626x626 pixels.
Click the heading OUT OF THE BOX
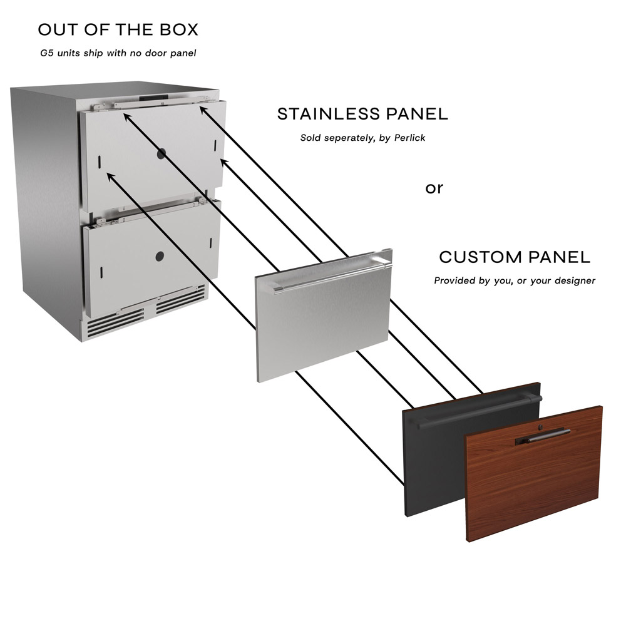tap(118, 29)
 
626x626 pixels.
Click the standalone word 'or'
tap(434, 188)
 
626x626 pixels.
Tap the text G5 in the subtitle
tap(47, 53)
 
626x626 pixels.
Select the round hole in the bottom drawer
tap(160, 256)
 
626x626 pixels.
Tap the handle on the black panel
tap(479, 413)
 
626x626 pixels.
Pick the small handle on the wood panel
tap(543, 436)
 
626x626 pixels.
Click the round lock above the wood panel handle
tap(541, 428)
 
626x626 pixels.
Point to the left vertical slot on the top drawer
tap(99, 162)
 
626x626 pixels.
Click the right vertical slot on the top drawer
tap(215, 145)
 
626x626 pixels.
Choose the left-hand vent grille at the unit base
tap(116, 322)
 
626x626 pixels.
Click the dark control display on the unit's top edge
tap(154, 98)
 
